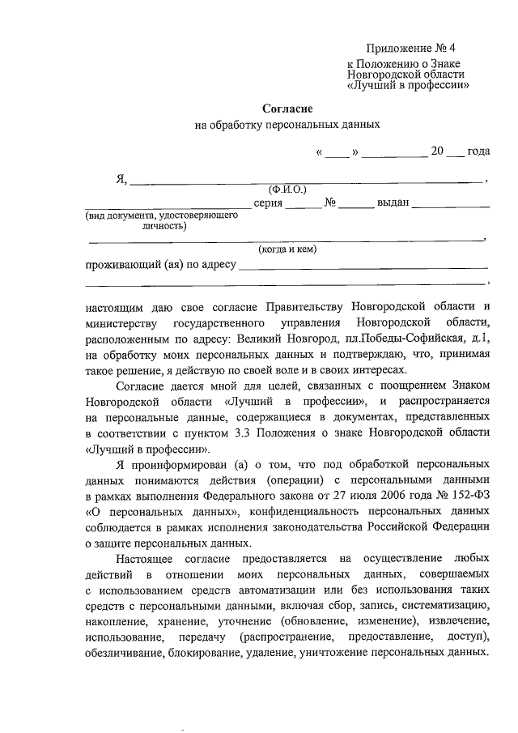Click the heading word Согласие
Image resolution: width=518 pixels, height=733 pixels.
coord(287,108)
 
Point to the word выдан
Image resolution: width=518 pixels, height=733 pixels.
coord(393,202)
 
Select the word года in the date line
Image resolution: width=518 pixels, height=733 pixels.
coord(479,151)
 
